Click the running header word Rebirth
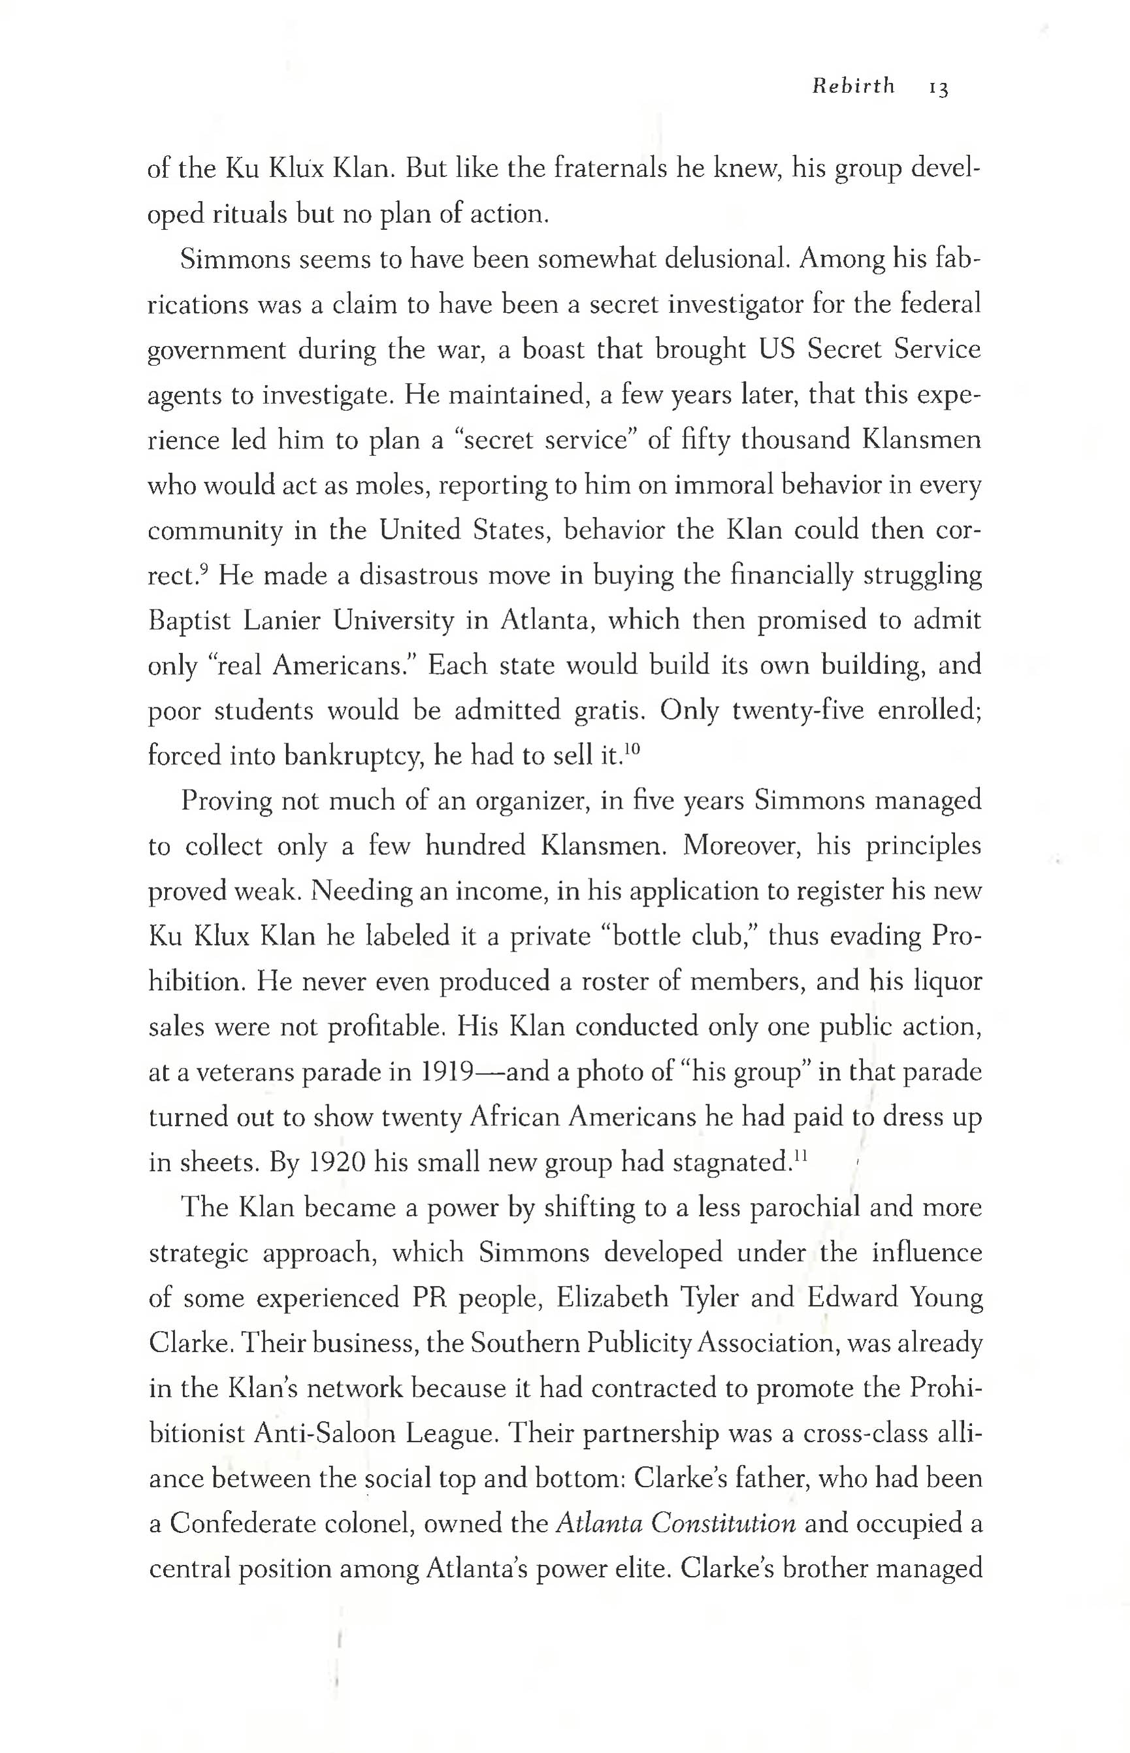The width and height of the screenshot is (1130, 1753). pos(853,87)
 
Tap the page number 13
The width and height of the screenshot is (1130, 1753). pos(939,89)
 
